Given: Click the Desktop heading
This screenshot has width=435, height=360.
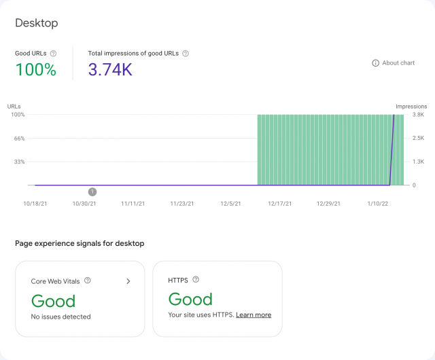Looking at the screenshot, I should [x=37, y=23].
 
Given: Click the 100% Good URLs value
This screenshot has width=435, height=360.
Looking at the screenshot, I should [x=35, y=69].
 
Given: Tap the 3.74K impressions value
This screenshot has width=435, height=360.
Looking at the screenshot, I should [x=110, y=69].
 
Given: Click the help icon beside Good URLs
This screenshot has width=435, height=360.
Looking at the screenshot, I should [x=54, y=53].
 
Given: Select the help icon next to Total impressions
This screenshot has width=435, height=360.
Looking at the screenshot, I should [x=186, y=53].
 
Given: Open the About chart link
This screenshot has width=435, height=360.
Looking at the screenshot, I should [x=394, y=63].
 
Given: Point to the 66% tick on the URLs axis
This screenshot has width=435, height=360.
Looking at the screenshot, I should [x=19, y=139].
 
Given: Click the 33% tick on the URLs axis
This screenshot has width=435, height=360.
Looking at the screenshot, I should [x=19, y=162].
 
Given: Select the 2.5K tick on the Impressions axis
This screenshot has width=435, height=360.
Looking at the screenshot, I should [x=418, y=139].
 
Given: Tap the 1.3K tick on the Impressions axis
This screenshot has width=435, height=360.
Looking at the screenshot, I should [x=418, y=162].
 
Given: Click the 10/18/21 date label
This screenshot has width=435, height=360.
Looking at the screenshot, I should [x=35, y=203].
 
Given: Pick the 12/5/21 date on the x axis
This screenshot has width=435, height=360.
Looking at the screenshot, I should [x=230, y=203].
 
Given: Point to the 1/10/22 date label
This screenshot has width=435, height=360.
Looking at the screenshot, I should [x=377, y=203].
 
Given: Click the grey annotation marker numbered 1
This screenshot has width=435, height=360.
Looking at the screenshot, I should [x=92, y=192].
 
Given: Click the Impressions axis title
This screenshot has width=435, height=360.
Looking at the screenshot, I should [x=411, y=107].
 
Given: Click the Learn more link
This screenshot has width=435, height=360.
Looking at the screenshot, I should [x=254, y=315].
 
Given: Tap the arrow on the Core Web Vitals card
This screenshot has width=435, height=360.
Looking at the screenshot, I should [x=128, y=281].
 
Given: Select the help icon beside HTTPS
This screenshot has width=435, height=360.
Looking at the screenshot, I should [x=196, y=279].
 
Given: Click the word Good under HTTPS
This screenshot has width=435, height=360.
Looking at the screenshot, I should [x=190, y=299].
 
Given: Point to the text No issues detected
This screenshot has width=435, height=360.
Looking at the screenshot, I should [x=61, y=317].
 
